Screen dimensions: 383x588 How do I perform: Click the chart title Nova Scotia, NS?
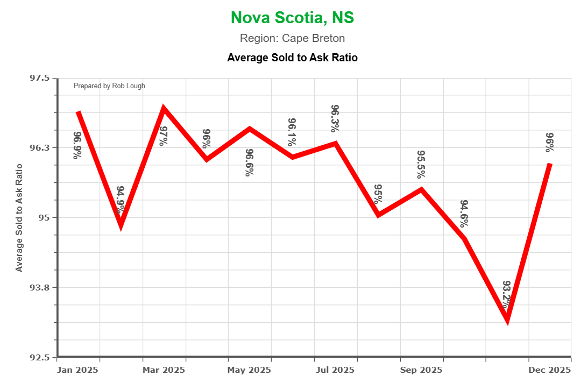pos(292,17)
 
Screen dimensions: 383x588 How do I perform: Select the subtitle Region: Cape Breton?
pos(292,39)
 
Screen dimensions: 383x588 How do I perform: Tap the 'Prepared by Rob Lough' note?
pos(109,86)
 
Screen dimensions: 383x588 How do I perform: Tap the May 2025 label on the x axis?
pos(250,370)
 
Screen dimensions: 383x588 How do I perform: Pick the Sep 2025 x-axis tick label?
pos(421,370)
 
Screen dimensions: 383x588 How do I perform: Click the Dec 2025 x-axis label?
pos(550,370)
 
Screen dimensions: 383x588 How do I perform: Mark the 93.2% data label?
pos(507,294)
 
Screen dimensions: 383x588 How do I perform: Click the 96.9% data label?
pos(78,145)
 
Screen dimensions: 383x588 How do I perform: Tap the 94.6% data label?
pos(464,214)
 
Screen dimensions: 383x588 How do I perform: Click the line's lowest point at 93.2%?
pos(507,321)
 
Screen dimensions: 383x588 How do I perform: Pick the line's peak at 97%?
pos(164,109)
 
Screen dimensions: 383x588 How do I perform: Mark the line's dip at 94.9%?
pos(121,226)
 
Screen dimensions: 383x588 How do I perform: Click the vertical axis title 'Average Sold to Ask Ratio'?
pos(19,217)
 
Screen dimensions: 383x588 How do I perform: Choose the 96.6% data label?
pos(250,162)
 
